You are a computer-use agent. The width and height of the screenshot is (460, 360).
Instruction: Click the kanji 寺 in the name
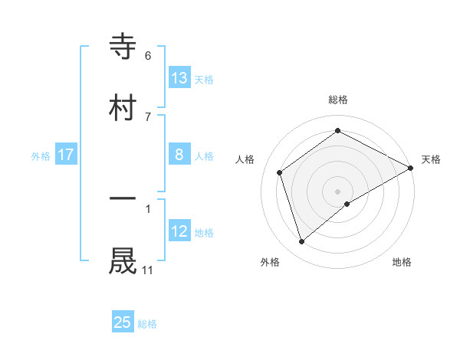[x=123, y=47]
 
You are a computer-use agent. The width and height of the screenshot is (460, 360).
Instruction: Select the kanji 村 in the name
[x=123, y=106]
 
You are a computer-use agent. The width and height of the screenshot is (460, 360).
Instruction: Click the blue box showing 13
[x=179, y=77]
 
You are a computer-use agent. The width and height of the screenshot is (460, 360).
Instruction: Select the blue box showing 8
[x=179, y=155]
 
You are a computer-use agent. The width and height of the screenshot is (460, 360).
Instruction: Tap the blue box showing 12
[x=179, y=231]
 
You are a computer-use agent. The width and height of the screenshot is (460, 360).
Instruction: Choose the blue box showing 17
[x=66, y=155]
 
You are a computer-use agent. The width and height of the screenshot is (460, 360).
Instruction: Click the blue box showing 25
[x=123, y=322]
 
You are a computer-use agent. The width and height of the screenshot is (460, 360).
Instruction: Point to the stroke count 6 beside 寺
[x=148, y=56]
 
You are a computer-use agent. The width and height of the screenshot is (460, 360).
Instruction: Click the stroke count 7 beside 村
[x=148, y=116]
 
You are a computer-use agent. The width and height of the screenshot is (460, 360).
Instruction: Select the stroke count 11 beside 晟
[x=148, y=270]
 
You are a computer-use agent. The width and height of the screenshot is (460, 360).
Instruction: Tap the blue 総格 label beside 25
[x=147, y=324]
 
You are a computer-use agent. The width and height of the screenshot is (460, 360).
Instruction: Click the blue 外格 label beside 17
[x=41, y=156]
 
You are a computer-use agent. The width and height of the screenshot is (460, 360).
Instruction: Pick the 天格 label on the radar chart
[x=431, y=159]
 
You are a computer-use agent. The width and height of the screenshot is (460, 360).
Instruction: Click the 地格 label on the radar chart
[x=402, y=262]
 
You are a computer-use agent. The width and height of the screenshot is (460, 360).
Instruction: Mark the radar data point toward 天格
[x=412, y=168]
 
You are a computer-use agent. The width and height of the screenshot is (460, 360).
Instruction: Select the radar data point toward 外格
[x=302, y=242]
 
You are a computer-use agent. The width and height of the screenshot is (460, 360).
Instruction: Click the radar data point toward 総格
[x=337, y=131]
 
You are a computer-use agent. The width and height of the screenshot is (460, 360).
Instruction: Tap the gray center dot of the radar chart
[x=337, y=191]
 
